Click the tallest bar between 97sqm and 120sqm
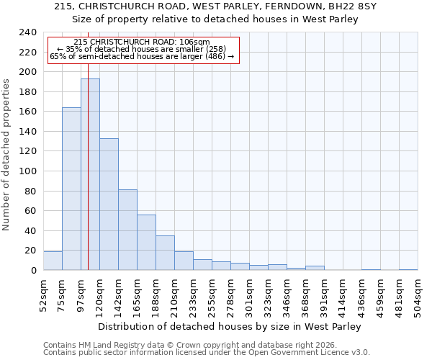(90, 174)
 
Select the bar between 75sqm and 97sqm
(71, 189)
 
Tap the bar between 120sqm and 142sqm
(109, 204)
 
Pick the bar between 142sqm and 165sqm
(127, 230)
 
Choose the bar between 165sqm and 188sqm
(146, 243)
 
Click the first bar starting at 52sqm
(53, 261)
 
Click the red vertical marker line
(88, 180)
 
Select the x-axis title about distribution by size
(229, 327)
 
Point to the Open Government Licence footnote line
(207, 353)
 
